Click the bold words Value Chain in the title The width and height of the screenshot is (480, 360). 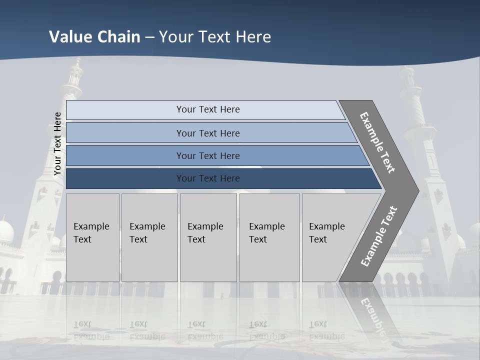point(94,37)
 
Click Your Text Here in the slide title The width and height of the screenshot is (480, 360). point(215,37)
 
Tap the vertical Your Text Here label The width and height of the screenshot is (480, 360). point(57,144)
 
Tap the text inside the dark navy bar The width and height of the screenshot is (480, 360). point(208,178)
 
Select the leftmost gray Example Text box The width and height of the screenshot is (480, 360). point(92,237)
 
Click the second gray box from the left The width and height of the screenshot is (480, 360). point(149,237)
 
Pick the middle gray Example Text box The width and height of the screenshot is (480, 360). point(208,237)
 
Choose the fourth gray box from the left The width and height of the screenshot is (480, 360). point(269,237)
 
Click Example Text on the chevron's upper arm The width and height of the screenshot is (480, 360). point(377,142)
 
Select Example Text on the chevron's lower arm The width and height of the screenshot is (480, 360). point(379,236)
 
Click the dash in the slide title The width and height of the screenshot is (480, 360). point(149,37)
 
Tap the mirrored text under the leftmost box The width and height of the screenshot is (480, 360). point(91,330)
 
